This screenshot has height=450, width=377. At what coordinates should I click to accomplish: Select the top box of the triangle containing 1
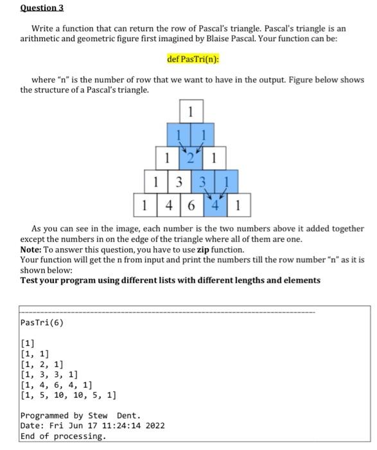pos(191,111)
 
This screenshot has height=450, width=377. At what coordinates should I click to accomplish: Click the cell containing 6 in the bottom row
pos(191,207)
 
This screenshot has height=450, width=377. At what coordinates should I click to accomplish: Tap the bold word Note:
pos(31,249)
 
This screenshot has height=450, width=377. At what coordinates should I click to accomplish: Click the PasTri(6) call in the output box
pos(42,321)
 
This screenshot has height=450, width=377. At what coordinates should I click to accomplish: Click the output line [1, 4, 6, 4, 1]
pos(60,384)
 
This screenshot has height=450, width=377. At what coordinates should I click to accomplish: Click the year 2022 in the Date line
pos(155,426)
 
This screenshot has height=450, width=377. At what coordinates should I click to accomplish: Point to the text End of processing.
pos(63,437)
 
